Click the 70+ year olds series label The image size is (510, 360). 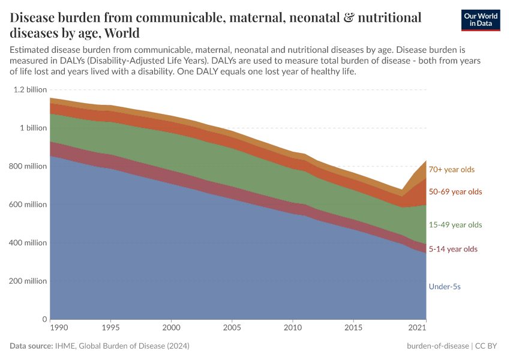click(451, 170)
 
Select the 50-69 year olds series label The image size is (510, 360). click(455, 192)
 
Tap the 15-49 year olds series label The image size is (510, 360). click(455, 225)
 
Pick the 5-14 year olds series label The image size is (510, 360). click(453, 249)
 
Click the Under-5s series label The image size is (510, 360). click(445, 287)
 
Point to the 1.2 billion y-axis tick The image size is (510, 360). click(29, 89)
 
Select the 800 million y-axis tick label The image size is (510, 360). click(28, 166)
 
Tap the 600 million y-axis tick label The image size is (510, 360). click(28, 205)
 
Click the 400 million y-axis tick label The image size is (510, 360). click(28, 243)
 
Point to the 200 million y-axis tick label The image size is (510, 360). click(28, 281)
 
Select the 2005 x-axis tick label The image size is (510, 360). click(232, 329)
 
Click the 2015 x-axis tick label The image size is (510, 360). click(353, 329)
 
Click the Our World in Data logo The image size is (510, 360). click(481, 20)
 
